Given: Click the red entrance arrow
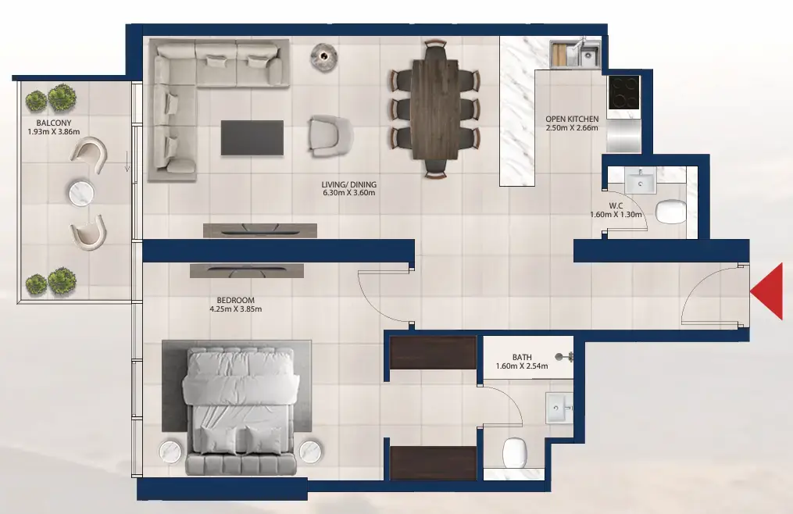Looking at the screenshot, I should pyautogui.click(x=768, y=291).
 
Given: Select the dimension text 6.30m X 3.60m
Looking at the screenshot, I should pyautogui.click(x=348, y=194).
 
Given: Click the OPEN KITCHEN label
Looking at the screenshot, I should pyautogui.click(x=572, y=120).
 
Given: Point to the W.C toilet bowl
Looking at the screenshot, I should pyautogui.click(x=670, y=211).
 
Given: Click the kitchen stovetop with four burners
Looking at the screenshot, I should pyautogui.click(x=623, y=91).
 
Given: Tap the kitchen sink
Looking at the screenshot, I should pyautogui.click(x=587, y=55).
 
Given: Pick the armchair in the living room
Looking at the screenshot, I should pyautogui.click(x=328, y=135).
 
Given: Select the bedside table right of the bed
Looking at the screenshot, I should pyautogui.click(x=311, y=451).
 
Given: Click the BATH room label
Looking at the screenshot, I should pyautogui.click(x=522, y=357).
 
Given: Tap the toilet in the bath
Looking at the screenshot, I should pyautogui.click(x=517, y=451).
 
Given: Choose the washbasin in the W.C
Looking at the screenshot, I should pyautogui.click(x=645, y=182).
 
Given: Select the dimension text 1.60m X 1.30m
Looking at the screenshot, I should pyautogui.click(x=616, y=215).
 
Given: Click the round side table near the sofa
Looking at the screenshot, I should pyautogui.click(x=323, y=54).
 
